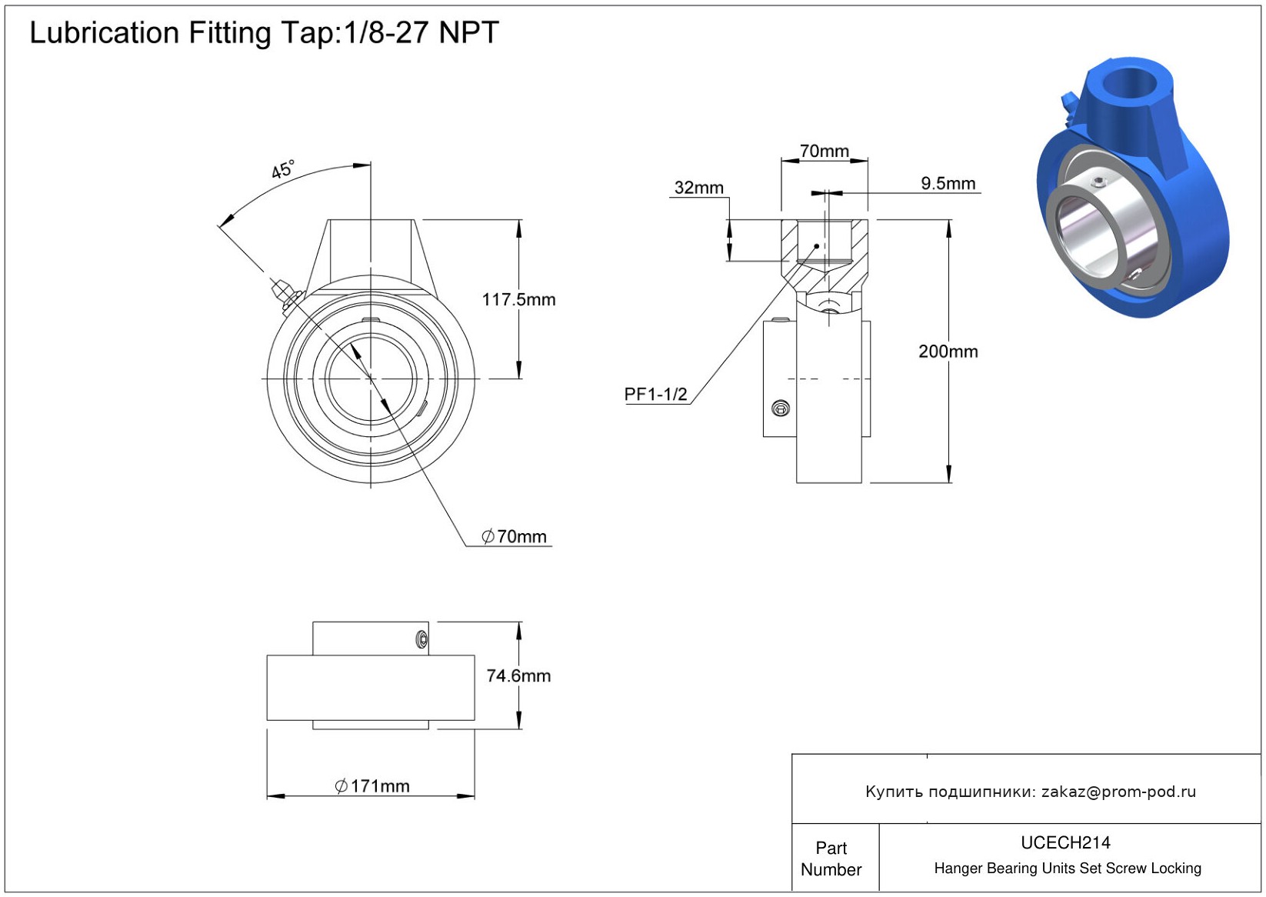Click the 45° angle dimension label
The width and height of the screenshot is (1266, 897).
click(x=282, y=170)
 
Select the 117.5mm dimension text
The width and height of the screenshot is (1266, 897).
click(x=518, y=299)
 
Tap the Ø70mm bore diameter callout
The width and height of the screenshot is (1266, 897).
click(x=515, y=536)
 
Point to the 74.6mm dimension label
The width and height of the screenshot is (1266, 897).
click(x=518, y=675)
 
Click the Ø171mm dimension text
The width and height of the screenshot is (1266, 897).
click(x=372, y=785)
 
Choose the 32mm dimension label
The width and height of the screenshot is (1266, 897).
click(x=698, y=188)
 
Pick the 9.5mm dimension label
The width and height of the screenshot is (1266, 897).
click(x=948, y=183)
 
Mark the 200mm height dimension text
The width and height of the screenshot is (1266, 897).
click(x=948, y=352)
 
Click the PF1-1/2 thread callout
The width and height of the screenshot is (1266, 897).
click(x=655, y=394)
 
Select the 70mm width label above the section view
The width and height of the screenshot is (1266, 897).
click(x=824, y=151)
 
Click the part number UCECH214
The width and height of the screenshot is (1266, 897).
click(x=1065, y=842)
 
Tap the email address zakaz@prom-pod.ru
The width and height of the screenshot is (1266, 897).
click(x=1118, y=792)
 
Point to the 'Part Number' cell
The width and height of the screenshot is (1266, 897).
click(x=831, y=859)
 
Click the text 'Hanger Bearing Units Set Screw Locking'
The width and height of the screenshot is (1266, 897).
click(x=1067, y=869)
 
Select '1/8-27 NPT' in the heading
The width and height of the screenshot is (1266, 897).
click(x=421, y=33)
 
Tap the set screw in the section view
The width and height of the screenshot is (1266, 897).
click(x=781, y=408)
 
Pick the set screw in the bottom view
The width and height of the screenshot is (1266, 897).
click(x=421, y=639)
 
